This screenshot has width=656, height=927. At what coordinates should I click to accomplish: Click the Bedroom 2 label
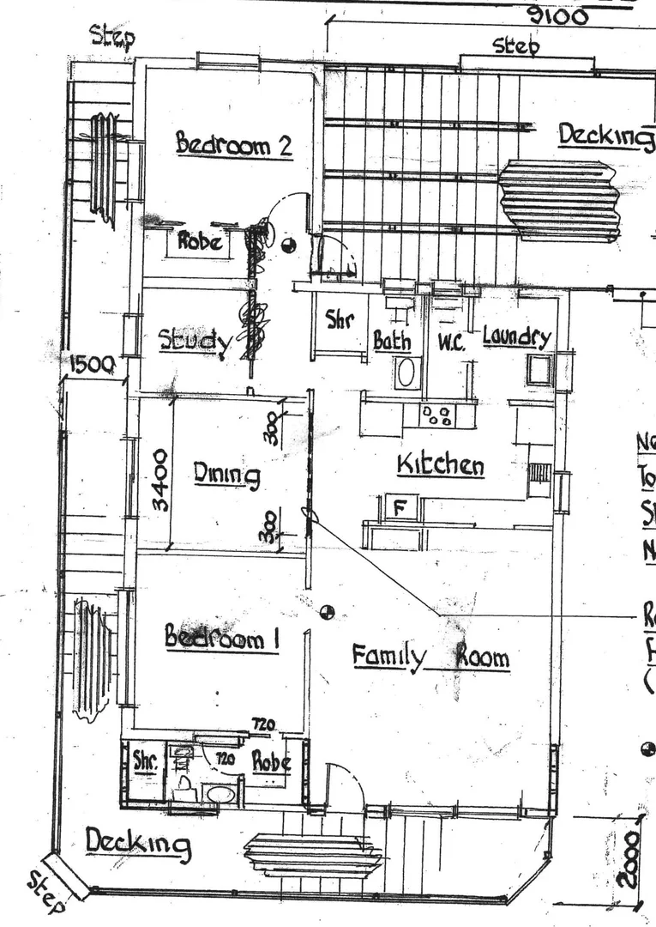(234, 144)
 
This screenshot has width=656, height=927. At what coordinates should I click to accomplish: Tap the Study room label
(195, 342)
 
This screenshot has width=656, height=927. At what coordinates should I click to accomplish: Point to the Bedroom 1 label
(221, 638)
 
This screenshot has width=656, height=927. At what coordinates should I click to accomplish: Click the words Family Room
(430, 657)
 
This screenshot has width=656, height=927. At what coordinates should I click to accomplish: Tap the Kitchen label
(440, 465)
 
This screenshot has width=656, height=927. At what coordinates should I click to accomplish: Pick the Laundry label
(516, 336)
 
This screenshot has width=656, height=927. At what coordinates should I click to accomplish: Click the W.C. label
(451, 342)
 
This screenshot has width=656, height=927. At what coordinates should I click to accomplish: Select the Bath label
(391, 342)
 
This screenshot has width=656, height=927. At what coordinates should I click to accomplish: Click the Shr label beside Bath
(340, 321)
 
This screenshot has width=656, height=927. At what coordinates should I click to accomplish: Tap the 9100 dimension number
(557, 15)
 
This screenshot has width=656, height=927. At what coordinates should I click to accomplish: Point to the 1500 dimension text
(91, 365)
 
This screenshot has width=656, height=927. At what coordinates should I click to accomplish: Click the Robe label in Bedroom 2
(200, 241)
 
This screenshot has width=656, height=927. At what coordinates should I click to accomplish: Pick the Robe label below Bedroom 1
(271, 761)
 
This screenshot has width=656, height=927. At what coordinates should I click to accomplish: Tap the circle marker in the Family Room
(327, 612)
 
